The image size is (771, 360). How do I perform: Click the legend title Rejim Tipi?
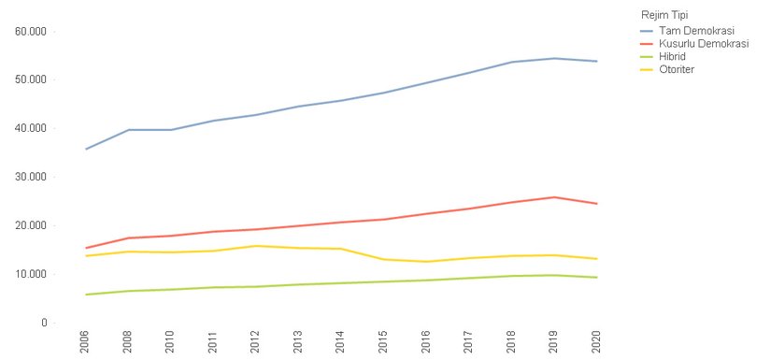pos(664,15)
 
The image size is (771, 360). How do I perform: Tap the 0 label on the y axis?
pos(44,323)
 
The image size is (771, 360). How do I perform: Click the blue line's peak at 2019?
pos(555,58)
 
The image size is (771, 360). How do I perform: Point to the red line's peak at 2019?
pos(555,197)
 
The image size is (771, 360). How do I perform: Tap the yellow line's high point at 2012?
pos(256,246)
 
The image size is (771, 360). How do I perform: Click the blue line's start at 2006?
pos(86,149)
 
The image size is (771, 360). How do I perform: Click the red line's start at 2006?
pos(86,248)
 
